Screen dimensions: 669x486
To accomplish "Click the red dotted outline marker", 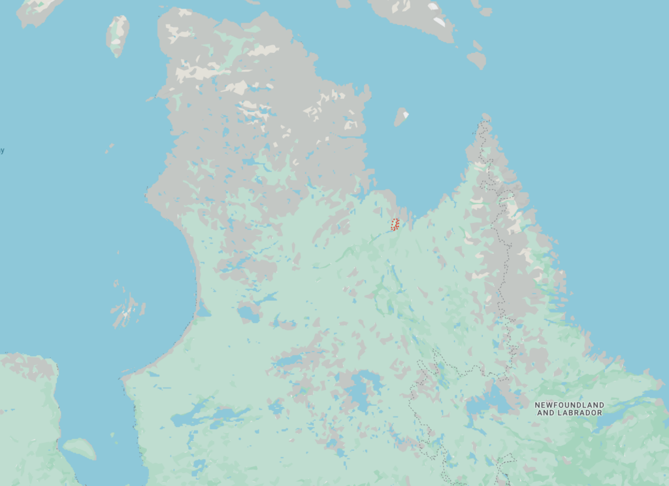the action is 395,224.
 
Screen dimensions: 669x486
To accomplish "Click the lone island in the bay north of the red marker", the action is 401,117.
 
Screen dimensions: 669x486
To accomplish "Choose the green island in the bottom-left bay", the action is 79,448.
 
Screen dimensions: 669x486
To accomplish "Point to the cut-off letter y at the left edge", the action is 2,151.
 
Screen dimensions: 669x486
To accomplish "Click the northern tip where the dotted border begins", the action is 485,117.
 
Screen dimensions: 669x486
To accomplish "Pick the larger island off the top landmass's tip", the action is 477,60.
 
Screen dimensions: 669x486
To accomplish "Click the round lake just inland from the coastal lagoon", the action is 249,314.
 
